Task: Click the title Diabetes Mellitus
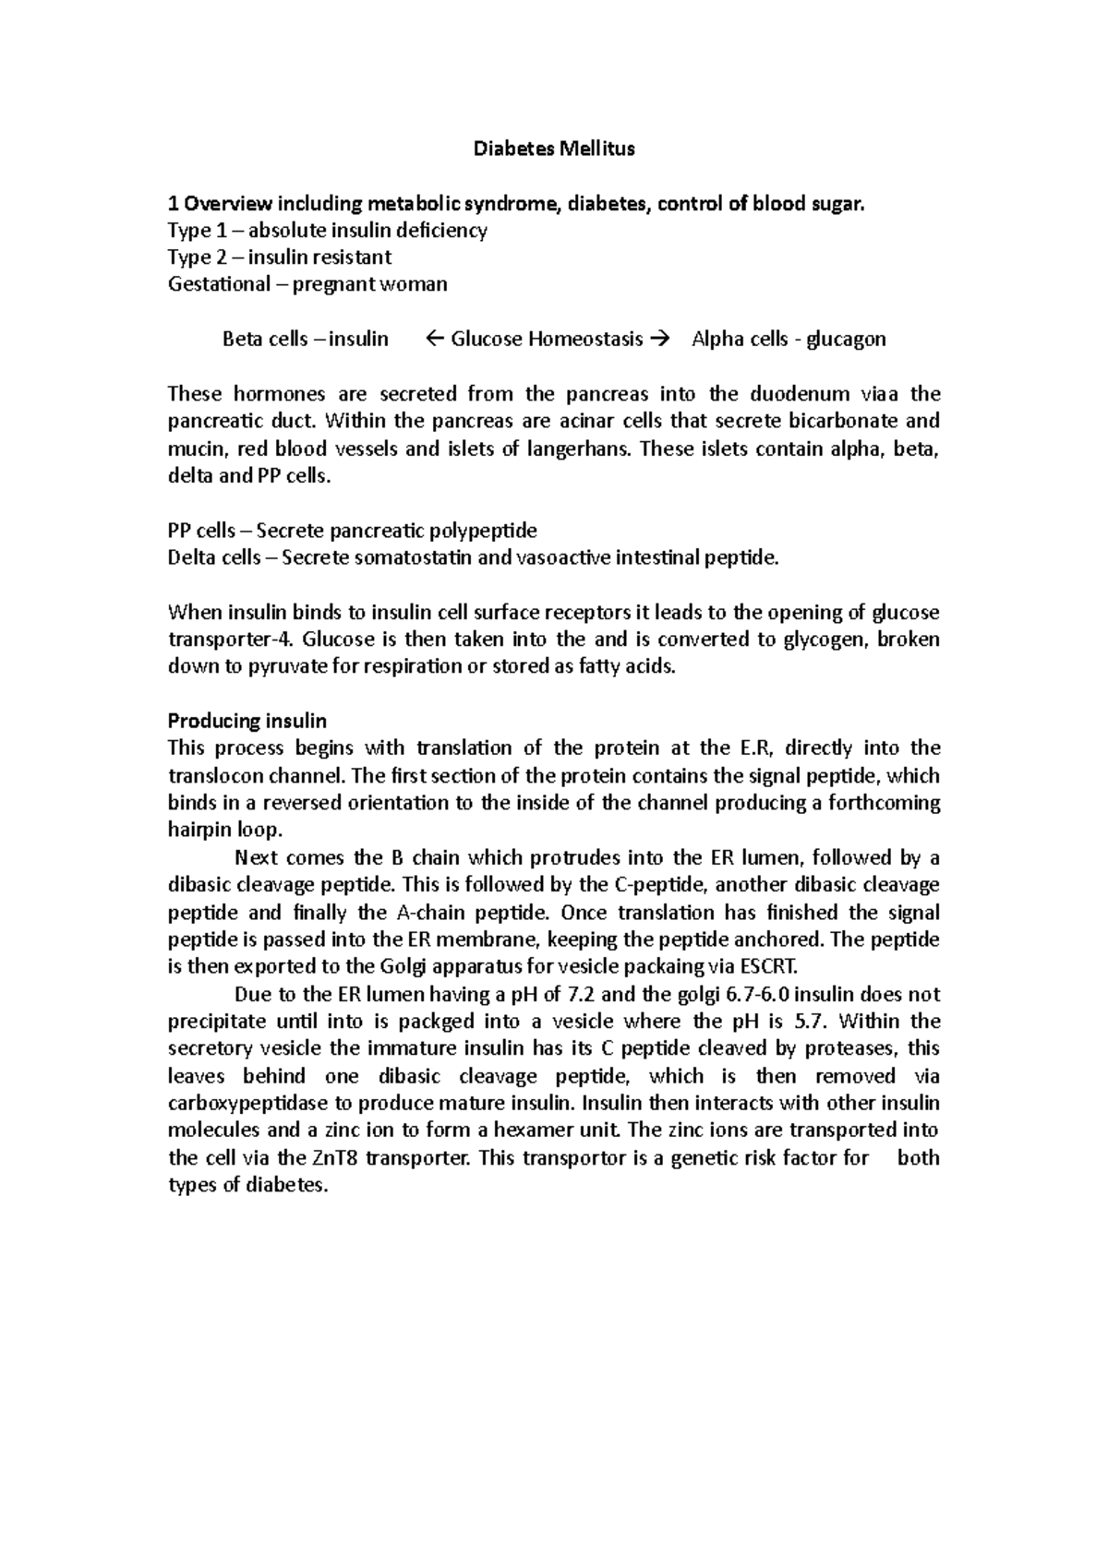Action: click(554, 149)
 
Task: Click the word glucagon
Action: click(846, 340)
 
